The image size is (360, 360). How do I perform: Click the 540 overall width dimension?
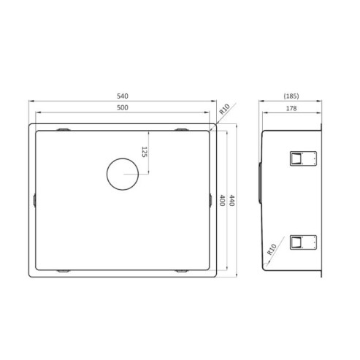123,96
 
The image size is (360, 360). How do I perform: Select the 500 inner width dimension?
123,108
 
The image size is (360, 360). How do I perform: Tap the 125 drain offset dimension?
145,152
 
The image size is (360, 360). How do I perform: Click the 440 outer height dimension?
232,199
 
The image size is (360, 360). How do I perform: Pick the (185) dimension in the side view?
292,96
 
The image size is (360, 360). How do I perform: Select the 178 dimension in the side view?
292,108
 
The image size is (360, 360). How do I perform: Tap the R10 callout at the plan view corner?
224,110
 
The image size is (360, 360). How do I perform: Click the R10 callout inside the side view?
272,252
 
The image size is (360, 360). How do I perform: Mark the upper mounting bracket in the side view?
301,158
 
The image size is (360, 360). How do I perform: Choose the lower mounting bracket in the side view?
301,242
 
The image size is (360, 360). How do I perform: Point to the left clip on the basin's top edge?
64,129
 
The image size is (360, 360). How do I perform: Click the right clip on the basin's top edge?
180,129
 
